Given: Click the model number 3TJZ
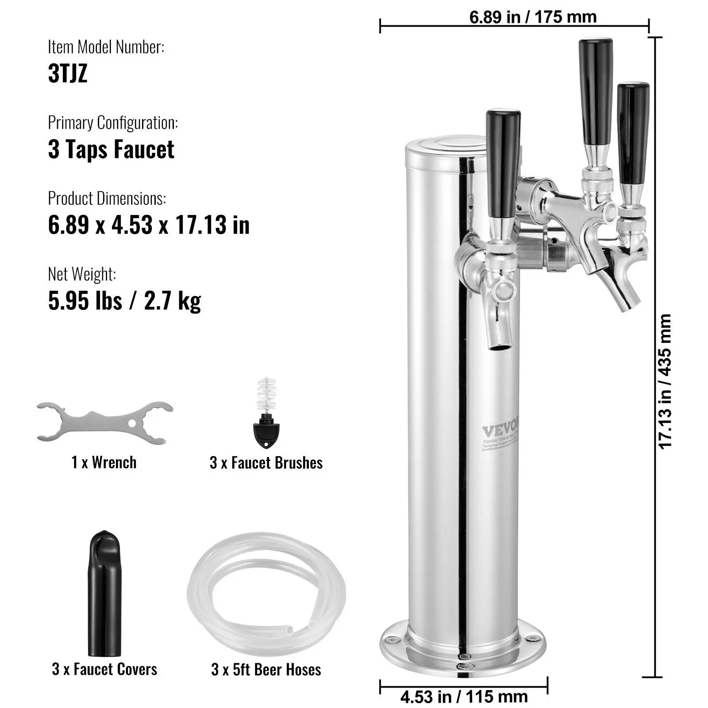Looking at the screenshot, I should [x=68, y=73].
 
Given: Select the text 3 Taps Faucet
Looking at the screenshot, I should [x=111, y=149].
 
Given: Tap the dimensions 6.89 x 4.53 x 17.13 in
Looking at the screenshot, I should [x=149, y=225].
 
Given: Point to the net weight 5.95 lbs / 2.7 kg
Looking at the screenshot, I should [x=124, y=301].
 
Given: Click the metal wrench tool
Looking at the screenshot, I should [x=104, y=422].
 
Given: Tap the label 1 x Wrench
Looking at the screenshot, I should [x=104, y=463].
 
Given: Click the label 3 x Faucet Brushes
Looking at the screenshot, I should [x=266, y=463].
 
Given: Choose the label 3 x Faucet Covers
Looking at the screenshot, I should [x=104, y=669].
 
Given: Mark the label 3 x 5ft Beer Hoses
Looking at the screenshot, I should [x=266, y=669].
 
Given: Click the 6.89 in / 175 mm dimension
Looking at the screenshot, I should [x=533, y=17].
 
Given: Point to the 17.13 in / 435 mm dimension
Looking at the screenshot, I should [x=665, y=381].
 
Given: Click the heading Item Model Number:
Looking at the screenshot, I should [x=106, y=47].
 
